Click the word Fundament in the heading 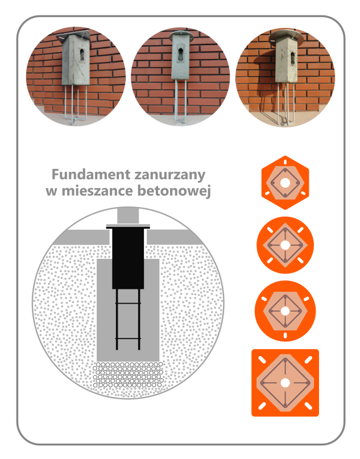pyautogui.click(x=91, y=175)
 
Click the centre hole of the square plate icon pyautogui.click(x=285, y=383)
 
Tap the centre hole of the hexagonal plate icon pyautogui.click(x=285, y=183)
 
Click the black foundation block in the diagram pyautogui.click(x=128, y=258)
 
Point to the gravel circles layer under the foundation pyautogui.click(x=128, y=375)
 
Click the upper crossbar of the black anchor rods pyautogui.click(x=128, y=304)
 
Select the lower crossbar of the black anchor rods pyautogui.click(x=128, y=338)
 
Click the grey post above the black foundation pyautogui.click(x=128, y=216)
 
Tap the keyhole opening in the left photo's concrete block pyautogui.click(x=82, y=55)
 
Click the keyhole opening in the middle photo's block pyautogui.click(x=181, y=52)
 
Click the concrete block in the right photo pyautogui.click(x=286, y=60)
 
